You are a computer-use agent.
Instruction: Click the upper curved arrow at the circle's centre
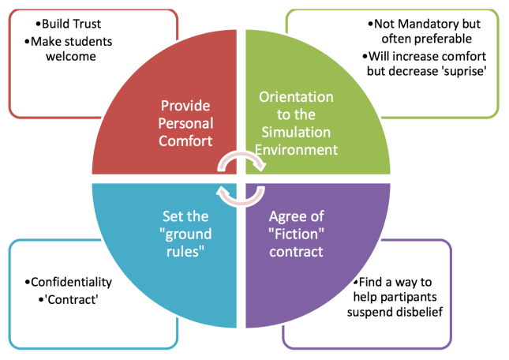(243, 162)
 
